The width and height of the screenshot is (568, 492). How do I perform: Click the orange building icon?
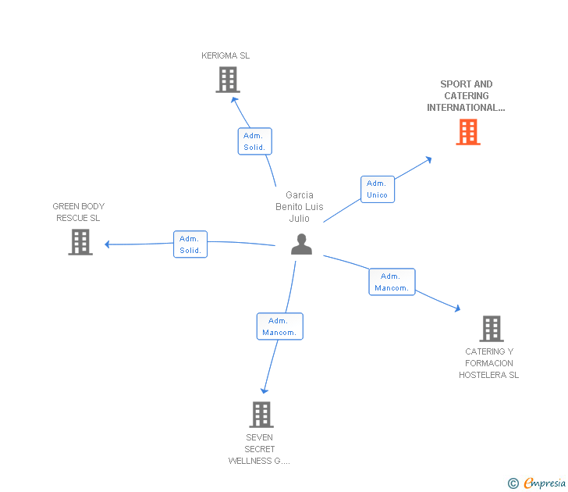[468, 132]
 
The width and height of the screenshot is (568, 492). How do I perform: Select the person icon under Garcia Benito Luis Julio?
[301, 244]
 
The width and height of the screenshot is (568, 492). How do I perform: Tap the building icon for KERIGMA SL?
[228, 80]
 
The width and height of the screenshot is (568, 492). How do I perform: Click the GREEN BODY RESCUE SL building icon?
[80, 242]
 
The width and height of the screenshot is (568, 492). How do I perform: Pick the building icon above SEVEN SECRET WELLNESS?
[261, 415]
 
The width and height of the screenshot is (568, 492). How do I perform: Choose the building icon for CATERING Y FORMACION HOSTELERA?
[492, 329]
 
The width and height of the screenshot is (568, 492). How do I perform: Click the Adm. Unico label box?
[378, 189]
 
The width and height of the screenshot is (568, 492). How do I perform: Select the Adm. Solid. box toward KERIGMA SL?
[254, 141]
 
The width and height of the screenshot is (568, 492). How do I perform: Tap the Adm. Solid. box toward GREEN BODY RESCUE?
[190, 244]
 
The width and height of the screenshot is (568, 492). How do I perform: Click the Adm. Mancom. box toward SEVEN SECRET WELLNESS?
[279, 326]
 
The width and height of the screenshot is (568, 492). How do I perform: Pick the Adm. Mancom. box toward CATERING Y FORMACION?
[392, 282]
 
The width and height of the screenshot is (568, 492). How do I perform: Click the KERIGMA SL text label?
[225, 55]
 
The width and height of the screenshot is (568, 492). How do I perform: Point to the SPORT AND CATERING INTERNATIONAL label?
[467, 96]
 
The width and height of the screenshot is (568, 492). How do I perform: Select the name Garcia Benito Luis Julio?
[300, 207]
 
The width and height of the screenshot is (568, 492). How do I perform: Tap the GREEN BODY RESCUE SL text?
[79, 212]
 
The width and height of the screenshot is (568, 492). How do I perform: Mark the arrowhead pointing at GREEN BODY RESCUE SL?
[107, 244]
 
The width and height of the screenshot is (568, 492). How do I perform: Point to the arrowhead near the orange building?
[429, 159]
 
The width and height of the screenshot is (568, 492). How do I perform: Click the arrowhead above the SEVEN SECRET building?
[264, 390]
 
